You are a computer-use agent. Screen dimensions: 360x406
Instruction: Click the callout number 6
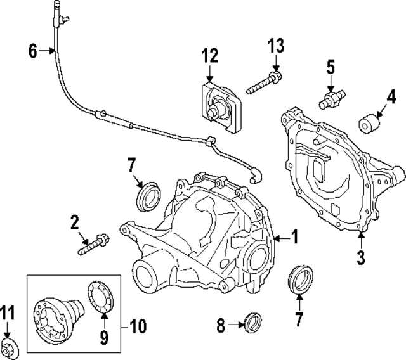tap(33, 50)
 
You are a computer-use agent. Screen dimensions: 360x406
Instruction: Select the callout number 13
tap(275, 46)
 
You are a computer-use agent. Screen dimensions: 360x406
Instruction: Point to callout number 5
tap(330, 65)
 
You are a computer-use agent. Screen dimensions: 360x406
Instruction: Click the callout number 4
tap(391, 96)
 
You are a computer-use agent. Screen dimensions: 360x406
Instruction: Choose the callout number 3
tap(360, 257)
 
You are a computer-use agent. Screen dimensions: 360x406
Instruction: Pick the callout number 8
tap(220, 327)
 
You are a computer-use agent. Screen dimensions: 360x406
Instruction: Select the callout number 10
tap(138, 326)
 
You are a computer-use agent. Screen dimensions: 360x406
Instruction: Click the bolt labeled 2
tap(93, 246)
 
